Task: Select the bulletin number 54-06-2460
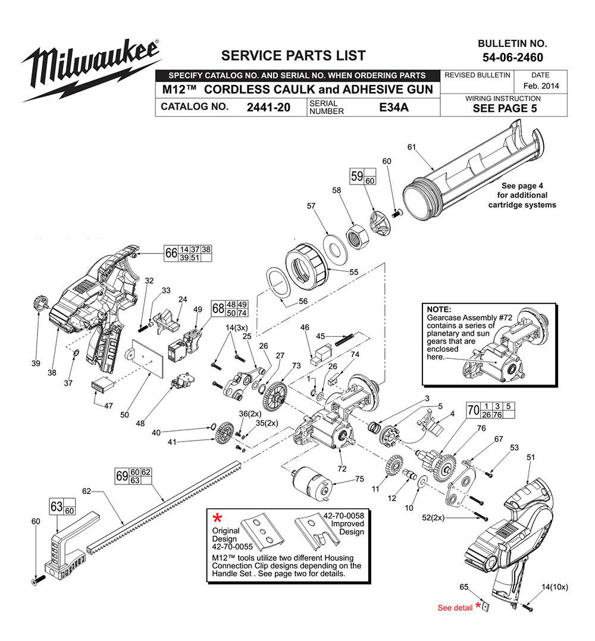point(512,58)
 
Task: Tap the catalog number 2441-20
point(268,108)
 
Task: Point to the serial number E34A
point(396,108)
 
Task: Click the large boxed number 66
point(171,253)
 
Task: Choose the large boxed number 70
point(474,410)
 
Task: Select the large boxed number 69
point(122,476)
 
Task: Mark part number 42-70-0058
point(343,515)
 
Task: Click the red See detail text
point(455,608)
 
